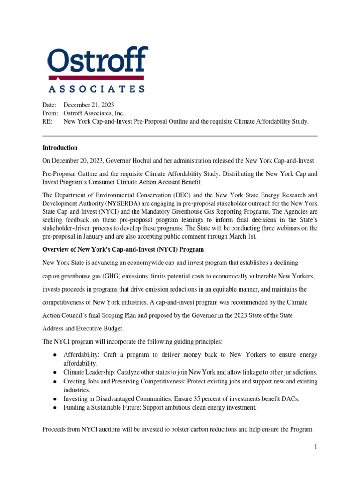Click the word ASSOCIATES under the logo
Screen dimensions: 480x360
tap(97, 89)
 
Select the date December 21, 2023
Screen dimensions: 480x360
tap(89, 105)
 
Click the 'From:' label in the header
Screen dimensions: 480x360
tap(50, 113)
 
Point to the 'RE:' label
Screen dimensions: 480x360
tap(48, 121)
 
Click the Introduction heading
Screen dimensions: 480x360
tap(60, 148)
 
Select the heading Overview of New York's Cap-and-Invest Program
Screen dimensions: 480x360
tap(123, 249)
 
